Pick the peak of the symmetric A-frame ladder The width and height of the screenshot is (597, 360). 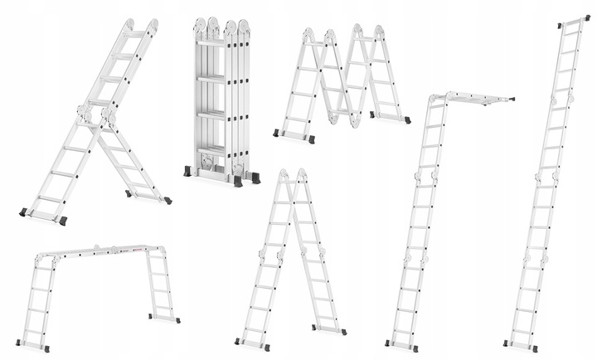(292, 174)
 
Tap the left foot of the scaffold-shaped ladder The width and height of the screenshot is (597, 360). (33, 347)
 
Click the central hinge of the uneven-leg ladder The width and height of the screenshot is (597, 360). (95, 114)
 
